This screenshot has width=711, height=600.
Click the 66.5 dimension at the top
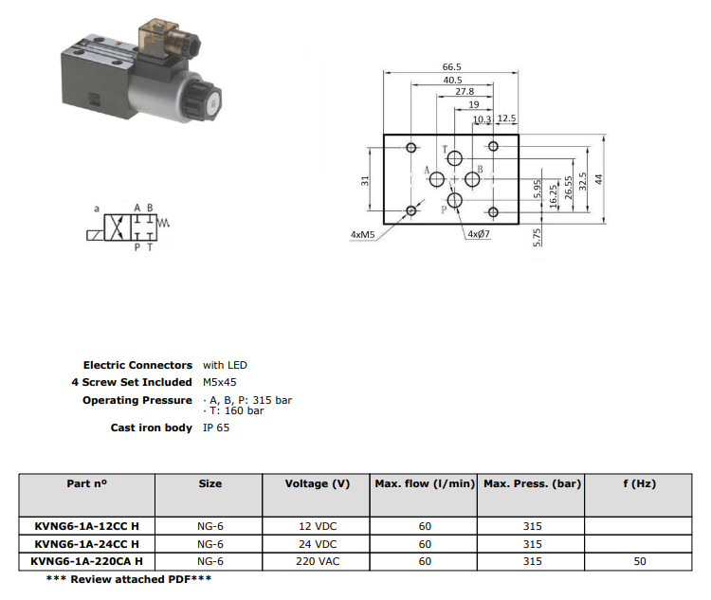click(x=451, y=66)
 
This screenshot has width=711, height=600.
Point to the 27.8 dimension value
click(x=465, y=92)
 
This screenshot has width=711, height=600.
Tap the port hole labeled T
click(x=454, y=158)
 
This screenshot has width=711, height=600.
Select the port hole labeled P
click(x=454, y=200)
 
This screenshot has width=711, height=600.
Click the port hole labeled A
click(x=437, y=179)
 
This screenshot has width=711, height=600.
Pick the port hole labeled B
click(x=472, y=179)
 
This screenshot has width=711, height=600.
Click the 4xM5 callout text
click(x=362, y=234)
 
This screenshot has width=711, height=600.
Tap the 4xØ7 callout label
click(x=479, y=234)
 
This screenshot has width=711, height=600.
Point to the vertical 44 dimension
click(x=598, y=179)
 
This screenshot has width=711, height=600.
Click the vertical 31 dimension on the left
click(x=365, y=180)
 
